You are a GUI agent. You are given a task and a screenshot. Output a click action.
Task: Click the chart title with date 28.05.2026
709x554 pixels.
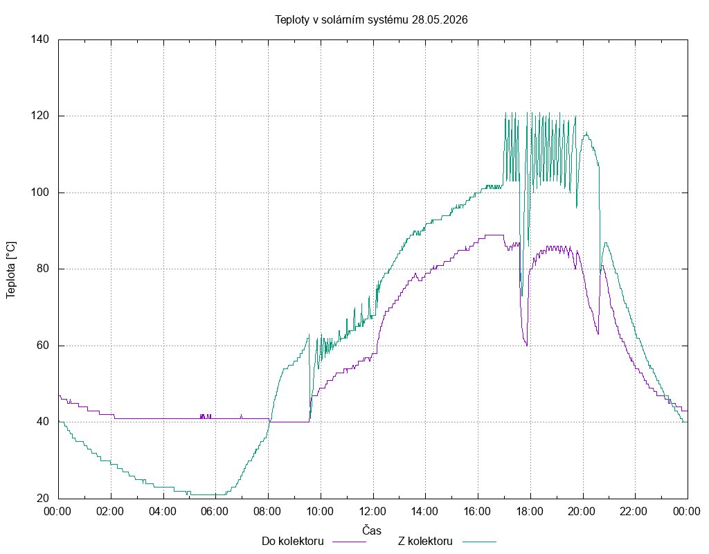(x=371, y=19)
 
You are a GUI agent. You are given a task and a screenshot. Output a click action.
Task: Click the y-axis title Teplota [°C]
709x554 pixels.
(x=11, y=271)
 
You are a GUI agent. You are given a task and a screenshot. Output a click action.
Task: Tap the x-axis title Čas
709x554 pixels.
(x=372, y=530)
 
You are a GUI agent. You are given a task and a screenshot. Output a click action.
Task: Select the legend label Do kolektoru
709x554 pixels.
(x=293, y=542)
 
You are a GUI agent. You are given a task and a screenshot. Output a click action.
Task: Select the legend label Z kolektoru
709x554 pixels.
(x=425, y=542)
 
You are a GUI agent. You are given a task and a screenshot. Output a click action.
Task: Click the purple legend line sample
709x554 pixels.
(x=349, y=542)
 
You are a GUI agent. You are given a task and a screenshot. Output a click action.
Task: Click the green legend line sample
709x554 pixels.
(x=479, y=542)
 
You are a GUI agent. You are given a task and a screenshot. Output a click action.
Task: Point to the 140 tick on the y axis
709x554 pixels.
(x=39, y=39)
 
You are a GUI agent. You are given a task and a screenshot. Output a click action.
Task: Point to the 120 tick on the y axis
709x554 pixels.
(x=39, y=116)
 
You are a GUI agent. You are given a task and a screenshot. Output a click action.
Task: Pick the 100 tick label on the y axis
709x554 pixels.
(x=39, y=193)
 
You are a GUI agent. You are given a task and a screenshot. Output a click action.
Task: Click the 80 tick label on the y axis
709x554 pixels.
(x=43, y=269)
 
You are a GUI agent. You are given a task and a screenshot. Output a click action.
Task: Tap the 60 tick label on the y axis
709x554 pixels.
(x=43, y=346)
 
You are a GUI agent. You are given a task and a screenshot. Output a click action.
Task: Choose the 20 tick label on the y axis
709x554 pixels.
(x=43, y=499)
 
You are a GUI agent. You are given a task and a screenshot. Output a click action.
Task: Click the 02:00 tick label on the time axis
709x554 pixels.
(x=110, y=512)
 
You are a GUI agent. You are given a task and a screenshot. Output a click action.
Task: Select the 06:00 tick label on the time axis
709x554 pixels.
(x=215, y=512)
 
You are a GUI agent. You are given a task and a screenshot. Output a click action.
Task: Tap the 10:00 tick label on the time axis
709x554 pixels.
(x=320, y=512)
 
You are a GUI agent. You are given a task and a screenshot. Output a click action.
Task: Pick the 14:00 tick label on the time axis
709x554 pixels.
(x=425, y=512)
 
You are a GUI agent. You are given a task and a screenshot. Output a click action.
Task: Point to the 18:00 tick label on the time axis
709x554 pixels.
(x=530, y=512)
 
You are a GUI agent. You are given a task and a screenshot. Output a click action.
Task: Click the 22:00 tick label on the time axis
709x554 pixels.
(x=634, y=512)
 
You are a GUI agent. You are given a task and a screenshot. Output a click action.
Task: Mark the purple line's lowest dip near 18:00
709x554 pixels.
(x=527, y=345)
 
